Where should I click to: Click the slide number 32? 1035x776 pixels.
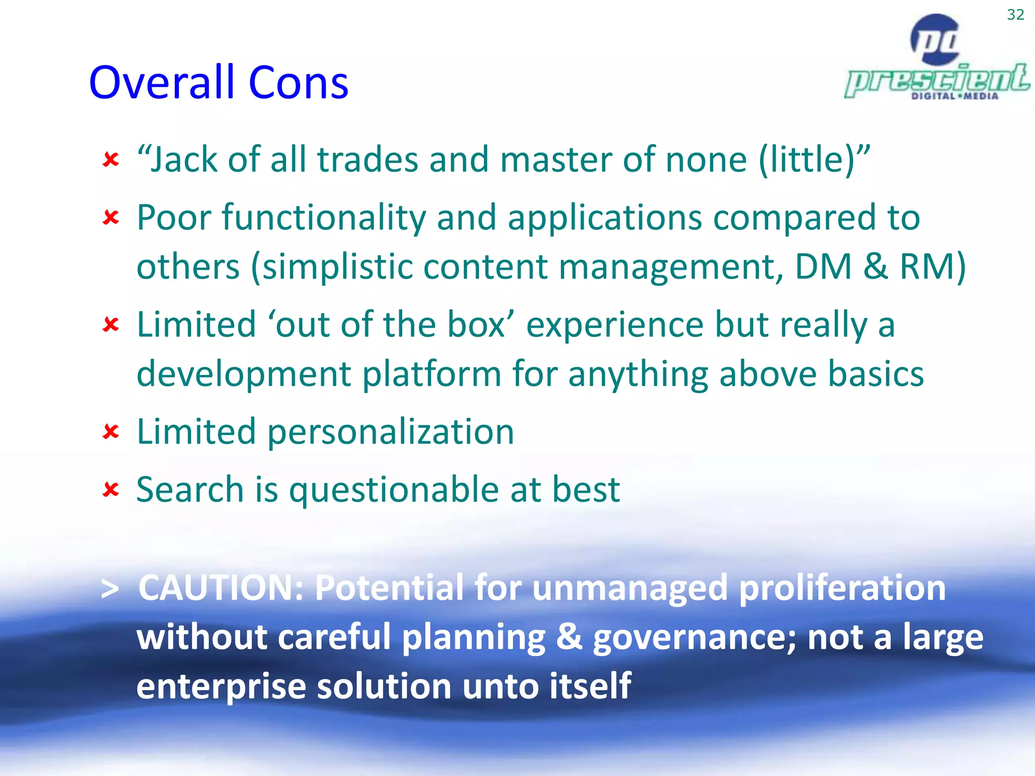(1015, 15)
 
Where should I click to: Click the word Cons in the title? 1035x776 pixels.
(298, 82)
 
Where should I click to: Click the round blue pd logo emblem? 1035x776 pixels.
(935, 39)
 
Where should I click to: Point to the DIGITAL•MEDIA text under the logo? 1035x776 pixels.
(955, 96)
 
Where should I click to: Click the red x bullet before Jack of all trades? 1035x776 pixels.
(111, 160)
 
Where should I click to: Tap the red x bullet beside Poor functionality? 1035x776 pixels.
(111, 218)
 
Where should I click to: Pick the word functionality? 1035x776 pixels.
(323, 218)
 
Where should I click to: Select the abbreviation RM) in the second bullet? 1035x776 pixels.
(932, 267)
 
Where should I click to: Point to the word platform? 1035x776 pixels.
(432, 374)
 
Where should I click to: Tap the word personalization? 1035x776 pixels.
(390, 432)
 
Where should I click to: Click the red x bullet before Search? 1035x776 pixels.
(111, 489)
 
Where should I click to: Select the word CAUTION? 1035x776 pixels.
(221, 588)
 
